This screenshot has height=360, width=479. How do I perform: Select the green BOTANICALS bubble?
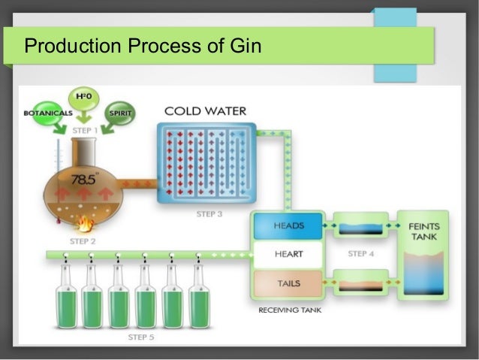pos(46,113)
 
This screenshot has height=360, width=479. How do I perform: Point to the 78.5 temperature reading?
pos(83,180)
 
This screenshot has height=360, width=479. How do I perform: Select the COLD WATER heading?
pos(205,112)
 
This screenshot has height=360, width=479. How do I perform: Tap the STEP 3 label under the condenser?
pos(209,214)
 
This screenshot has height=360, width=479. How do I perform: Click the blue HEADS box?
pos(288,225)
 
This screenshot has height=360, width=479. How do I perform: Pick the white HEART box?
pos(288,255)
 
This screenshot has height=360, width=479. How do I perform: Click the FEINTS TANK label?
pos(424,231)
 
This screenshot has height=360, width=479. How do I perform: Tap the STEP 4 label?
pos(361,254)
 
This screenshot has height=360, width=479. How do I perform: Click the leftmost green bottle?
pos(65,301)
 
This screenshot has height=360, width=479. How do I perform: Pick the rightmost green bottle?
pos(199,301)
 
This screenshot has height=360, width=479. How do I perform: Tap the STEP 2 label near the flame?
pos(83,241)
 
